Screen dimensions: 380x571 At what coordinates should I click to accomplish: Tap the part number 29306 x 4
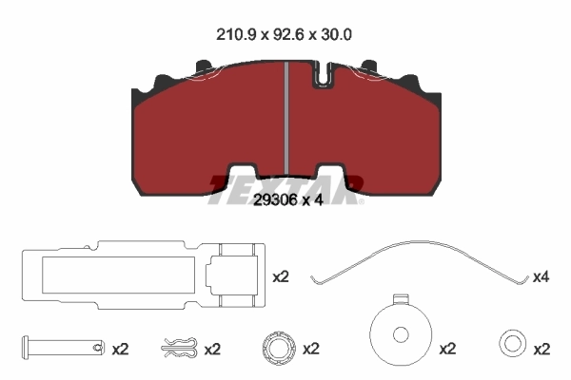click(285, 201)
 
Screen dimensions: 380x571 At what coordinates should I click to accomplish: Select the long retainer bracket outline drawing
click(140, 276)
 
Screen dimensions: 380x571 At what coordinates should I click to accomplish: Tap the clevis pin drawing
click(61, 349)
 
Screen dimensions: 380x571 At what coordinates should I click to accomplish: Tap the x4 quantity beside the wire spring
click(541, 277)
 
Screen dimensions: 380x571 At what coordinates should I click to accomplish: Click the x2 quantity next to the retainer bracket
click(281, 277)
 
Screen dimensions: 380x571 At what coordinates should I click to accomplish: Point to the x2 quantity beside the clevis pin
click(120, 349)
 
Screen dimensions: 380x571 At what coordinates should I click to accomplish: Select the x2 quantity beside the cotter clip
click(212, 349)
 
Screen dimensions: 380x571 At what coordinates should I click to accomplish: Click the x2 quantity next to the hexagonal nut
click(310, 349)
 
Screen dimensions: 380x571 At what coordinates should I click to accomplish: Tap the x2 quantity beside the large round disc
click(447, 349)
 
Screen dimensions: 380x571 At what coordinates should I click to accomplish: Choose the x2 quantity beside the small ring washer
click(542, 349)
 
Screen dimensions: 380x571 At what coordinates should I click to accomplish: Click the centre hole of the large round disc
click(400, 335)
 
